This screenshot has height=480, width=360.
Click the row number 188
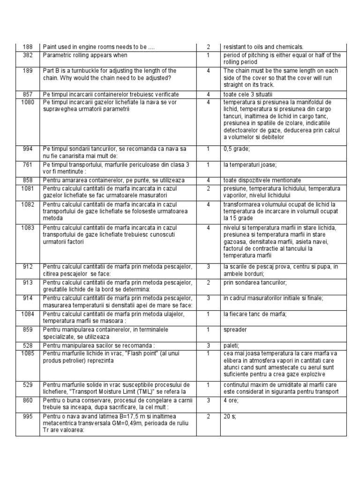pyautogui.click(x=28, y=47)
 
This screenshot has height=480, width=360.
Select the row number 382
pyautogui.click(x=28, y=55)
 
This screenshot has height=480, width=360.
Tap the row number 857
pyautogui.click(x=28, y=94)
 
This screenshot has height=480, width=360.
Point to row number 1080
pyautogui.click(x=28, y=102)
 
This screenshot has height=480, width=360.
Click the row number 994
pyautogui.click(x=28, y=149)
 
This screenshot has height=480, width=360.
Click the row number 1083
pyautogui.click(x=28, y=227)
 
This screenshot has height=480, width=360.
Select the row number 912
pyautogui.click(x=28, y=267)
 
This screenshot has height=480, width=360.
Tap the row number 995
pyautogui.click(x=28, y=416)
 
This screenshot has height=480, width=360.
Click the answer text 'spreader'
pyautogui.click(x=235, y=330)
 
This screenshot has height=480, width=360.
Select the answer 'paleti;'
pyautogui.click(x=232, y=345)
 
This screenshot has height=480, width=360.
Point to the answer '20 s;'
pyautogui.click(x=230, y=416)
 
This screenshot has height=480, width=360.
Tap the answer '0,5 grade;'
pyautogui.click(x=237, y=149)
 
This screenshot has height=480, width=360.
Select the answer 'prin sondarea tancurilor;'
pyautogui.click(x=255, y=283)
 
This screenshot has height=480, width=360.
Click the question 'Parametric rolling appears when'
pyautogui.click(x=85, y=55)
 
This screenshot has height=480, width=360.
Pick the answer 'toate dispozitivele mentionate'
pyautogui.click(x=262, y=180)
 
